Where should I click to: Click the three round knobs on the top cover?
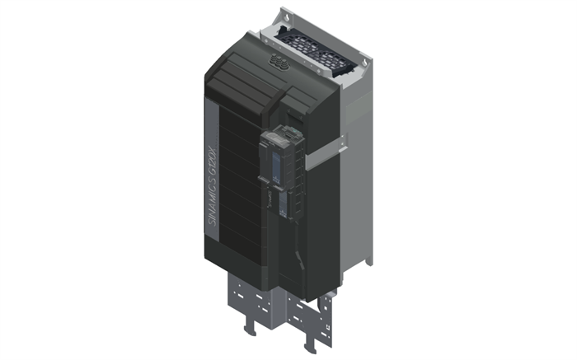[x=278, y=59]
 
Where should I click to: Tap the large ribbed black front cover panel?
[x=239, y=189]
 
